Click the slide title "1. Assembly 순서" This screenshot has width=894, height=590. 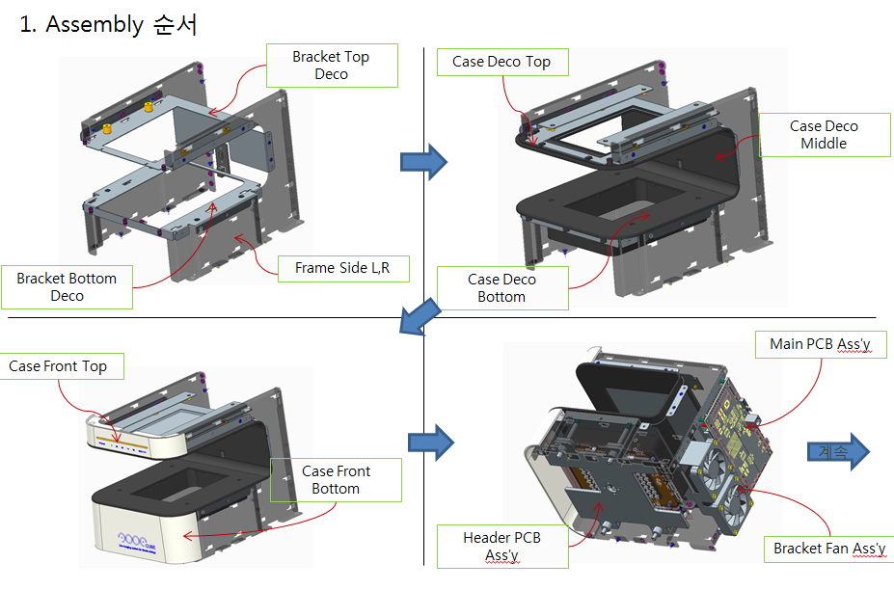point(108,25)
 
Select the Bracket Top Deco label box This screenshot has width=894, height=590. point(331,66)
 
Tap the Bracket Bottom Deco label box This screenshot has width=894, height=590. point(67,287)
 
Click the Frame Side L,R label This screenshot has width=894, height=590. point(342,269)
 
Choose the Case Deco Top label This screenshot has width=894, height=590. point(501,62)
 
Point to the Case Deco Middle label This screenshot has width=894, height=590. point(824,135)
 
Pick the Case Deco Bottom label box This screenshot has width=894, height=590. point(501,288)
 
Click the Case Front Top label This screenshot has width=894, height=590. point(58,366)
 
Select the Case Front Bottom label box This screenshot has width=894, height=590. point(336,480)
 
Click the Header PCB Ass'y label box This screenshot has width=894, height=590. point(501,547)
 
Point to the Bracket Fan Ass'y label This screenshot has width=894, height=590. point(829,549)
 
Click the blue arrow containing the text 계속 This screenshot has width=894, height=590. point(836,451)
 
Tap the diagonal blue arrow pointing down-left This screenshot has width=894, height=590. point(421,318)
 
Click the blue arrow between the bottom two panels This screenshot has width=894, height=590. point(430,442)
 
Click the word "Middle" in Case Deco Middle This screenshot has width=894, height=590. point(824,144)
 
